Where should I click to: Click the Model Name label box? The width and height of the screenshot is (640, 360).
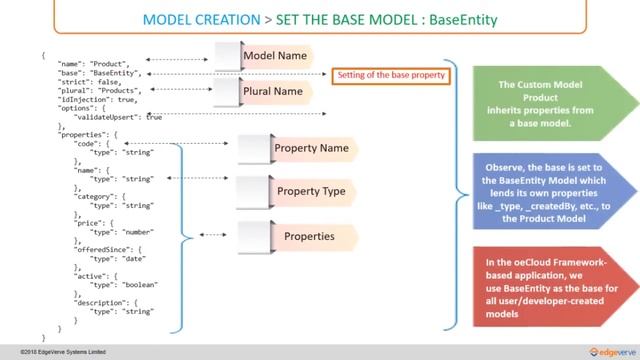274,56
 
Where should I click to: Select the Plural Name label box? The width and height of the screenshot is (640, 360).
273,91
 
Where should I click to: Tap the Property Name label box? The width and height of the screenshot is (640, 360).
310,149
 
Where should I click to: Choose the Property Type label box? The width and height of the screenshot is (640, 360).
310,190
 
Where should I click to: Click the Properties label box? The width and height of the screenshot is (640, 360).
308,237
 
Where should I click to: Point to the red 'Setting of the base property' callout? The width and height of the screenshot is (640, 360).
390,74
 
